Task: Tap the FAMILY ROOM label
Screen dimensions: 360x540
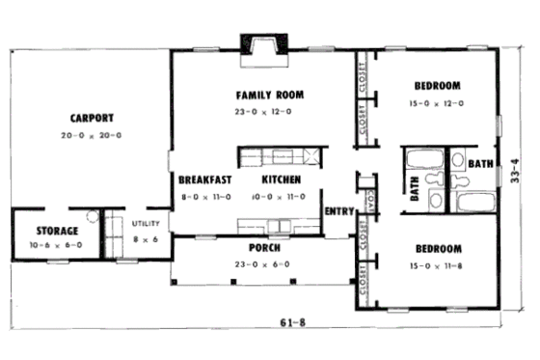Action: (x=270, y=95)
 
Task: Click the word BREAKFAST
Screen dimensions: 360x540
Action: (x=204, y=180)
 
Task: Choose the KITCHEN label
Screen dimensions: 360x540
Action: (x=281, y=180)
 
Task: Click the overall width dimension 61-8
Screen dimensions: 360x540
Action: (x=280, y=321)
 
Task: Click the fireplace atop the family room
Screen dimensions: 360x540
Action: (x=264, y=48)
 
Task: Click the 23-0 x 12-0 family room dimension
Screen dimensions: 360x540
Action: (x=270, y=112)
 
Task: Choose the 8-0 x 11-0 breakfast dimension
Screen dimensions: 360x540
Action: (x=204, y=196)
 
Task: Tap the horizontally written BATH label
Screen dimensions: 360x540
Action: (x=481, y=164)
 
